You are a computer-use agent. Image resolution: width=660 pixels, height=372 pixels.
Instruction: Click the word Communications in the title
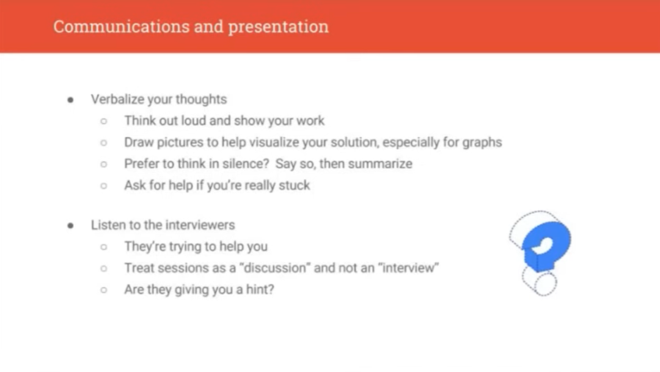(x=121, y=26)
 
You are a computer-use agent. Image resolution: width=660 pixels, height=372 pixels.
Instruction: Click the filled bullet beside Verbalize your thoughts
(x=70, y=100)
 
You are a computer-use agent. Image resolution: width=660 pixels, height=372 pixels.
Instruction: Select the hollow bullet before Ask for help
(x=103, y=185)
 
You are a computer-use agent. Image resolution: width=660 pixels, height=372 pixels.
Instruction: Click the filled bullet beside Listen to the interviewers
(x=70, y=226)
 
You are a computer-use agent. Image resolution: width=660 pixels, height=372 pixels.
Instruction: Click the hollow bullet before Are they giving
(x=103, y=290)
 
